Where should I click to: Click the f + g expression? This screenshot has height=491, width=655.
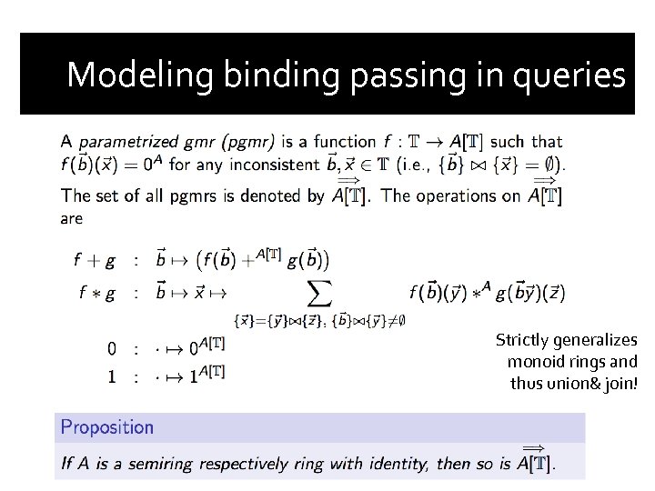tap(94, 260)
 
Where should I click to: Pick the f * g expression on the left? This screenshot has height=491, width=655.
tap(94, 293)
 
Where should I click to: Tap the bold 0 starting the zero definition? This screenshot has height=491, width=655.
tap(111, 348)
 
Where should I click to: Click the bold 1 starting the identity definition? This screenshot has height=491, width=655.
tap(111, 375)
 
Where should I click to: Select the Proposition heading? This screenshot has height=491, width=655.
tap(106, 426)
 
